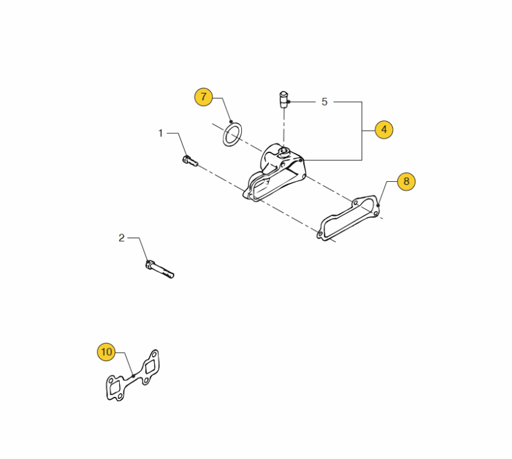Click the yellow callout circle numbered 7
pyautogui.click(x=204, y=97)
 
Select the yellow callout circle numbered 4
pyautogui.click(x=384, y=130)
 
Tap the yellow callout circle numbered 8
pyautogui.click(x=406, y=182)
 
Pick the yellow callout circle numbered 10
pyautogui.click(x=106, y=352)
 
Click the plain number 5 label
pyautogui.click(x=324, y=102)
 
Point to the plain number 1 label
pyautogui.click(x=161, y=133)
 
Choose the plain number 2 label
pyautogui.click(x=122, y=238)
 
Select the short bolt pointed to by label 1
pyautogui.click(x=190, y=161)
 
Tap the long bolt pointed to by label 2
pyautogui.click(x=159, y=270)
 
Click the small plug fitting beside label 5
pyautogui.click(x=284, y=100)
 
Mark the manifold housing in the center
pyautogui.click(x=275, y=172)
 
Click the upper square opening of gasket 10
pyautogui.click(x=150, y=367)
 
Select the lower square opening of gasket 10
pyautogui.click(x=115, y=388)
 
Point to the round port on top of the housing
pyautogui.click(x=284, y=150)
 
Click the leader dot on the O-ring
pyautogui.click(x=231, y=122)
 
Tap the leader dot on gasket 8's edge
pyautogui.click(x=378, y=205)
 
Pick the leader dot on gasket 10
pyautogui.click(x=133, y=376)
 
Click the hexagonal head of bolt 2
pyautogui.click(x=149, y=264)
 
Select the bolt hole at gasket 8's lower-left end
pyautogui.click(x=321, y=233)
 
